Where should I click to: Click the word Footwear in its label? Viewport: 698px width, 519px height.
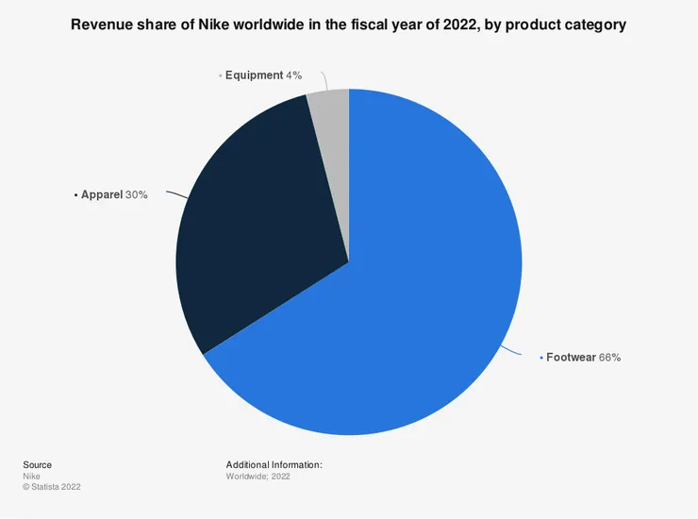coord(571,358)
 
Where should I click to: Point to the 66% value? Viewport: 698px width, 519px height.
coord(609,358)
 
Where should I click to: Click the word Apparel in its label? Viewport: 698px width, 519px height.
coord(102,194)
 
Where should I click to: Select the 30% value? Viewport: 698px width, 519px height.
coord(136,194)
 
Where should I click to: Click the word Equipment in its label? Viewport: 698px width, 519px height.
coord(254,75)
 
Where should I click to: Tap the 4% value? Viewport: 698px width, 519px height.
coord(293,75)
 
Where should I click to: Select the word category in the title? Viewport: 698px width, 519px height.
coord(593,25)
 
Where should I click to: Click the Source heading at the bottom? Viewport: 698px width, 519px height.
coord(37,464)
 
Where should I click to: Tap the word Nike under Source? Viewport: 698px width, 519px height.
coord(30,477)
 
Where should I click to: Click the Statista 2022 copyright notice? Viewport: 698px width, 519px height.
coord(51,488)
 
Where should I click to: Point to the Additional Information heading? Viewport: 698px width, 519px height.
coord(274,464)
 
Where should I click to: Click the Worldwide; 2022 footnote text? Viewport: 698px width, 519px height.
coord(258,477)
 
